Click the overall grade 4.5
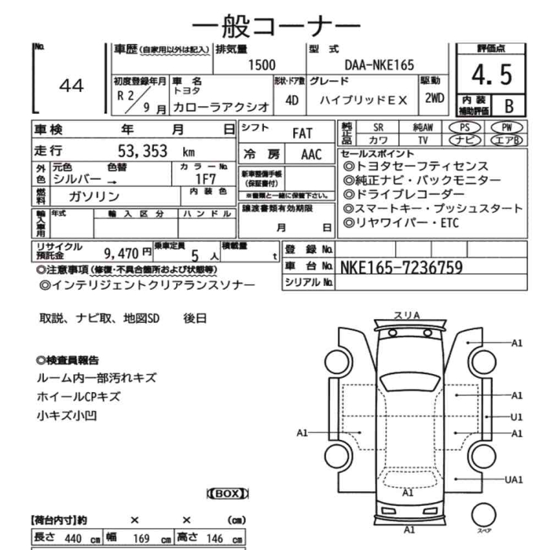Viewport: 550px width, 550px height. click(492, 74)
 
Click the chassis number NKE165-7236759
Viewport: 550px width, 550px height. click(401, 267)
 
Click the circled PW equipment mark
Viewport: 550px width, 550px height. click(507, 127)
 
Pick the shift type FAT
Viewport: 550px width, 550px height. click(302, 133)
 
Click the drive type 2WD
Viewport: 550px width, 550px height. click(435, 98)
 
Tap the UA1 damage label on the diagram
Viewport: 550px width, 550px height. click(514, 479)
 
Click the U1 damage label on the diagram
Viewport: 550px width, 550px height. click(516, 417)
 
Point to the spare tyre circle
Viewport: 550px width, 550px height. click(481, 516)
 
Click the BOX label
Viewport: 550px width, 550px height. click(227, 494)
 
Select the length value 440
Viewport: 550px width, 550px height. click(73, 539)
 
